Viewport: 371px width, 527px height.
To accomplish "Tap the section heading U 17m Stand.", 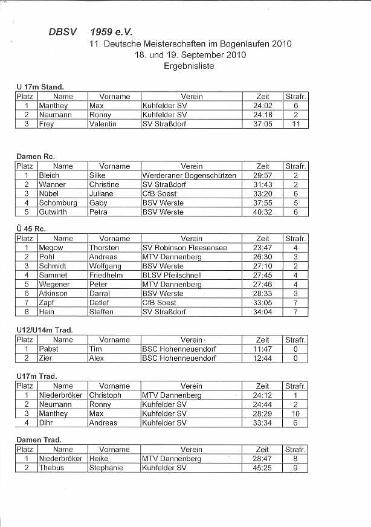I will click(x=40, y=88).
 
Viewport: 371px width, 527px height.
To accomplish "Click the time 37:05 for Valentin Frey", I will click(x=262, y=124).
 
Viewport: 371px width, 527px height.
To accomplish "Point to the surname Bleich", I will click(x=50, y=175).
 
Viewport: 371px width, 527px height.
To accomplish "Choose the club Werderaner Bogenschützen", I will click(x=189, y=175).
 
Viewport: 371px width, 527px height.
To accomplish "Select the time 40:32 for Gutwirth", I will click(x=262, y=212).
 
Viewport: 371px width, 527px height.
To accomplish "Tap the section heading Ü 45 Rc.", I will click(x=31, y=229).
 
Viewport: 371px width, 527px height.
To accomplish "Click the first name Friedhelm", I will click(x=106, y=275).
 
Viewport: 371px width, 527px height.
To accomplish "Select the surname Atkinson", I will click(x=53, y=293).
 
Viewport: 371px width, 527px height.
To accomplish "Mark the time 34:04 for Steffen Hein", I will click(x=262, y=312).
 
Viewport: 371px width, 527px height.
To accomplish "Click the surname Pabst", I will click(x=49, y=349).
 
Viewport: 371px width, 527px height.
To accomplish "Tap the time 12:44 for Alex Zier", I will click(x=262, y=358).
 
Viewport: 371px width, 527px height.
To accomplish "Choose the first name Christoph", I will click(x=105, y=395).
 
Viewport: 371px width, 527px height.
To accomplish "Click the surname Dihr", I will click(x=46, y=423).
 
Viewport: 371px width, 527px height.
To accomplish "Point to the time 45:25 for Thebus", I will click(x=262, y=468).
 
